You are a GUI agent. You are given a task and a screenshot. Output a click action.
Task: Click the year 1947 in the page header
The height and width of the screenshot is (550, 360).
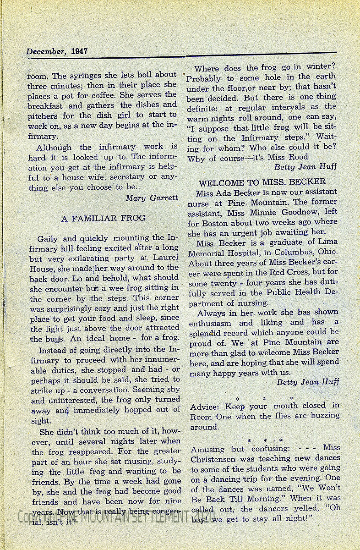pos(79,51)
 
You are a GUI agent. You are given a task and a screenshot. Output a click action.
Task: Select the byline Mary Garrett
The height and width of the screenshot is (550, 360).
pos(152,198)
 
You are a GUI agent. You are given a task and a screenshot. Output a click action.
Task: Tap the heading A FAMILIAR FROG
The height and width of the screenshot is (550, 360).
pos(103,219)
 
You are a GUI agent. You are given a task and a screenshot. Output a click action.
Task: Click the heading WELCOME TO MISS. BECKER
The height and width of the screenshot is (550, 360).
pos(262,181)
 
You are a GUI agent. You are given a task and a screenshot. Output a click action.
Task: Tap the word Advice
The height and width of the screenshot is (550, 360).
pos(205,407)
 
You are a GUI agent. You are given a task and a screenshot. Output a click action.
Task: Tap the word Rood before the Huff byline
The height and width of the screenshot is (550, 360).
pos(298,157)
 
